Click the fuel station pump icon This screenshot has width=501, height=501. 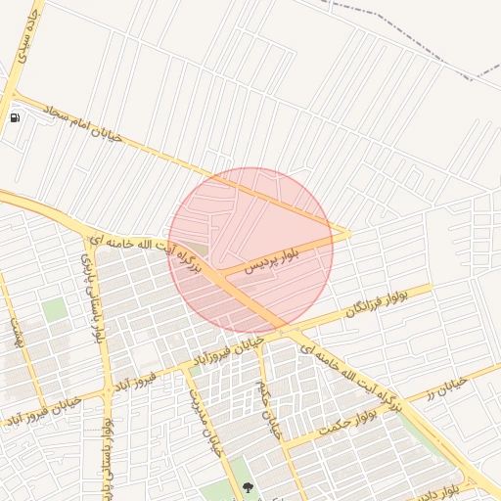click(15, 118)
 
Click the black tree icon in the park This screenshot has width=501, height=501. click(246, 486)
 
